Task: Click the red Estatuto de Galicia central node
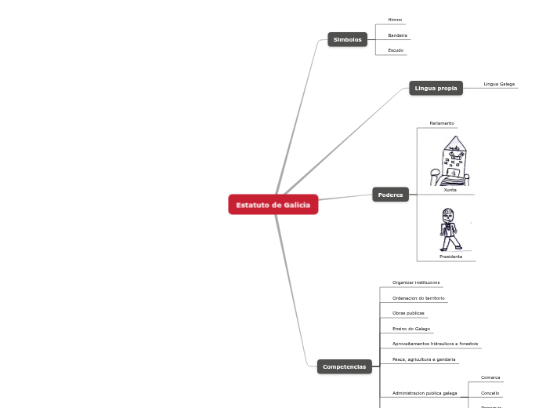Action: pyautogui.click(x=273, y=205)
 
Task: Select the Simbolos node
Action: pyautogui.click(x=347, y=39)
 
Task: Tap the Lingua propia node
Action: pyautogui.click(x=436, y=89)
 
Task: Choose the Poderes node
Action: pyautogui.click(x=390, y=195)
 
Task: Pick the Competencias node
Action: pyautogui.click(x=344, y=366)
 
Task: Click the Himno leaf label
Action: pyautogui.click(x=395, y=20)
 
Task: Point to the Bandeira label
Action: pyautogui.click(x=397, y=35)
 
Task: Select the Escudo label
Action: pyautogui.click(x=396, y=50)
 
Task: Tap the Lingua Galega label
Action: pyautogui.click(x=499, y=83)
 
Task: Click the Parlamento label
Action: pyautogui.click(x=442, y=123)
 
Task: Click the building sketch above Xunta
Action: pyautogui.click(x=450, y=161)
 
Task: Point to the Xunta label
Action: pyautogui.click(x=450, y=190)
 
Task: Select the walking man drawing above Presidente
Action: pyautogui.click(x=449, y=229)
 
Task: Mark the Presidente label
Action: pyautogui.click(x=450, y=257)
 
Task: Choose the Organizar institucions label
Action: pyautogui.click(x=416, y=282)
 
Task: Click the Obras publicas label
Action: pyautogui.click(x=408, y=313)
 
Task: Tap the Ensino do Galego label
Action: pyautogui.click(x=411, y=329)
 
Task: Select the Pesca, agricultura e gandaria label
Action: pyautogui.click(x=424, y=359)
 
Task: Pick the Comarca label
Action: pyautogui.click(x=490, y=377)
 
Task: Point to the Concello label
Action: pyautogui.click(x=490, y=393)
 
